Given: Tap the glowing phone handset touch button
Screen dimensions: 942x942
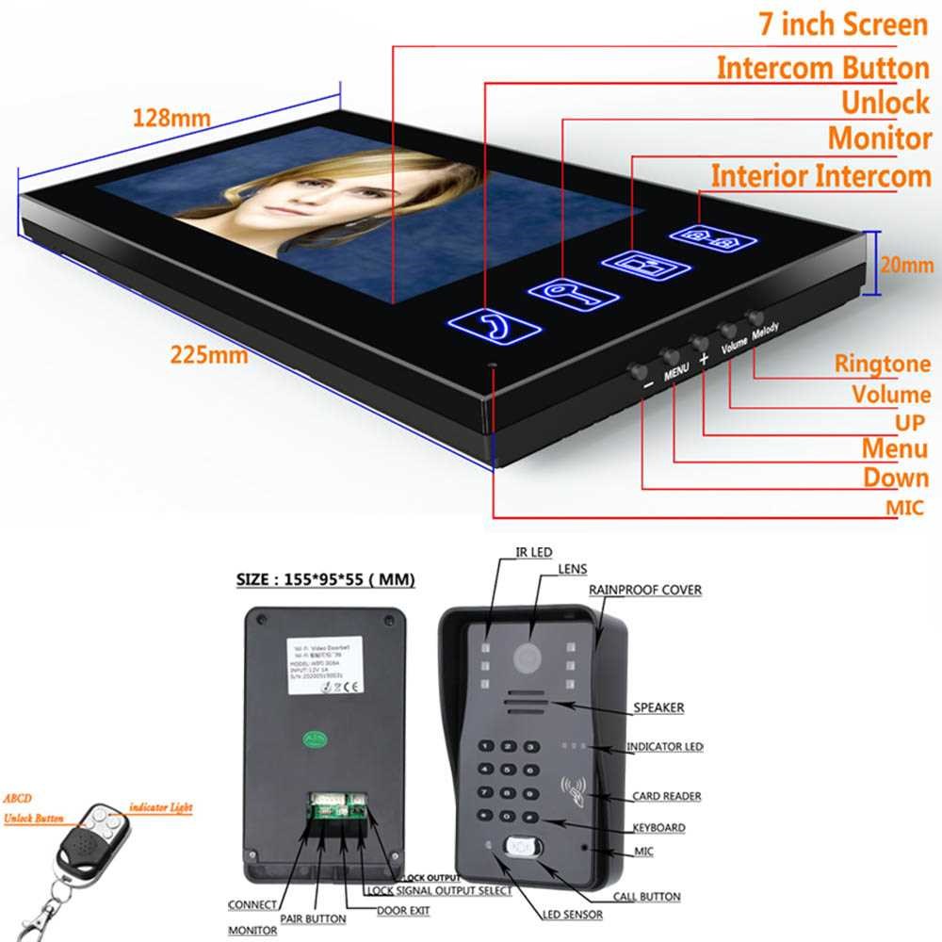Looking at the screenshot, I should click(495, 327).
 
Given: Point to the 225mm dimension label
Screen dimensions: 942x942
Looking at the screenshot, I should click(209, 356).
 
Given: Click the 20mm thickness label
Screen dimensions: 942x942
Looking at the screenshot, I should click(907, 267).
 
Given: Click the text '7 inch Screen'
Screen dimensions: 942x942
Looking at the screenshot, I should click(843, 24).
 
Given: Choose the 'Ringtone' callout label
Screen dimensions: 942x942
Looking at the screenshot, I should click(883, 364).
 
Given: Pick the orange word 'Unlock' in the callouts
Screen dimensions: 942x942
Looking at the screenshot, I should click(885, 102).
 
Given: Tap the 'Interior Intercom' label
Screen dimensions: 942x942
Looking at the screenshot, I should click(820, 176).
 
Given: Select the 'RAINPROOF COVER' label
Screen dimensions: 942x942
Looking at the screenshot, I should click(645, 590).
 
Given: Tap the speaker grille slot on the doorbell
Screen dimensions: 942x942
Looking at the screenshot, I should click(528, 705).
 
